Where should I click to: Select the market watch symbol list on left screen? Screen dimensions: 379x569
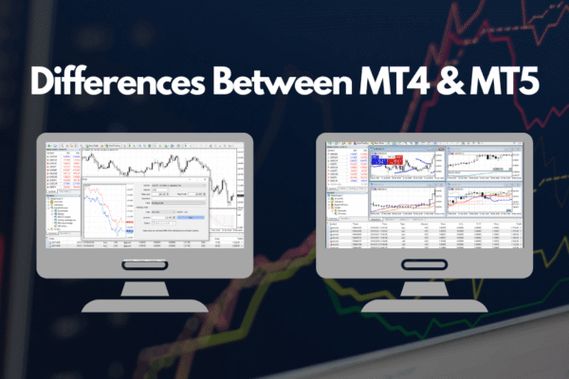[x=59, y=171]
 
